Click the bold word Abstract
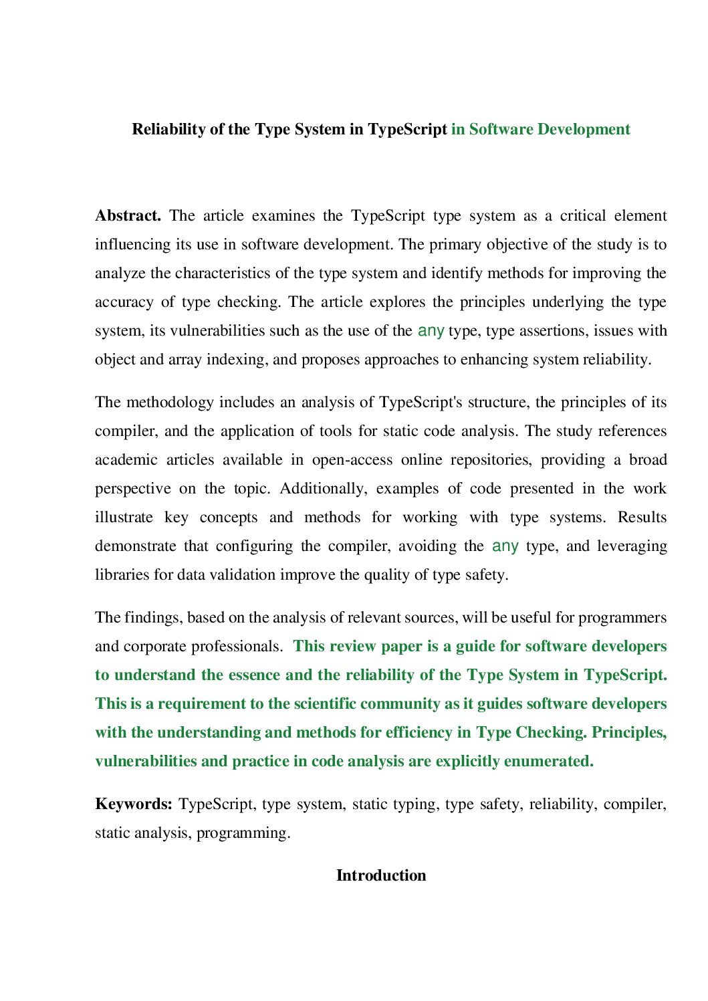point(128,216)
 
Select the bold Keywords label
point(134,804)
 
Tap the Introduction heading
point(380,875)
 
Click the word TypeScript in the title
point(407,129)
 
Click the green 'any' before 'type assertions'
point(431,330)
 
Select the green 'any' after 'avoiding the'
point(505,546)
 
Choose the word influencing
point(132,245)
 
